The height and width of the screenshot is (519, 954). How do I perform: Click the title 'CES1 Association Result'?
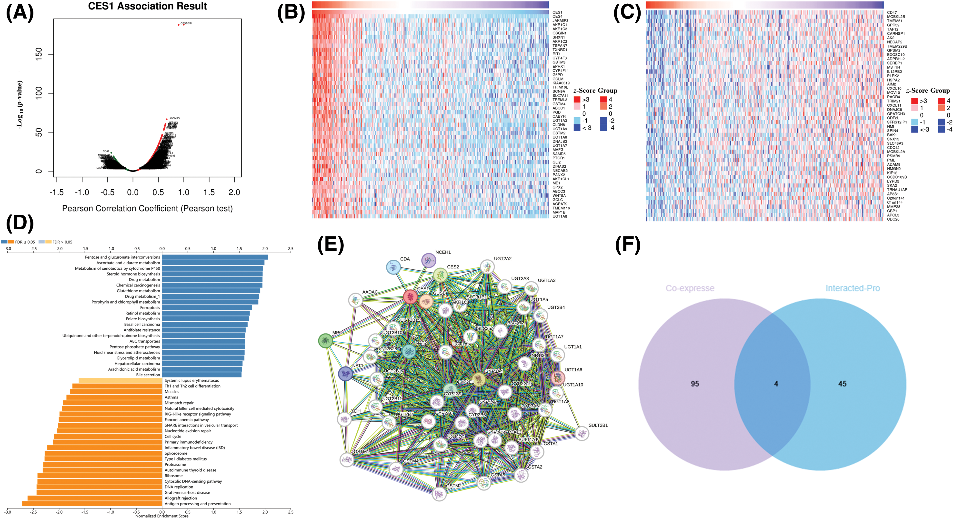tap(147, 6)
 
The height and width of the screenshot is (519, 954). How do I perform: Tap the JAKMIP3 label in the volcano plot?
tap(175, 118)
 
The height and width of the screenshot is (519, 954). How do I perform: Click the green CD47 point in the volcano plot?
tap(111, 153)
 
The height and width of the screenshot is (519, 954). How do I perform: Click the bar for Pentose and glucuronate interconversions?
tap(215, 257)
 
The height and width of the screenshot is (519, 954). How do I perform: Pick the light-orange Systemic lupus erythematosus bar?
tap(120, 380)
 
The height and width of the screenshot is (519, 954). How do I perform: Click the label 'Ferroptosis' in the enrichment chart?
tap(150, 307)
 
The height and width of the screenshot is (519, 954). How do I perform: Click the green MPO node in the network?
tap(326, 340)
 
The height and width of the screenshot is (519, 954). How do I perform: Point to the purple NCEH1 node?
tap(429, 260)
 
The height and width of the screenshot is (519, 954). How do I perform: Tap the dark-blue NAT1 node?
tap(345, 374)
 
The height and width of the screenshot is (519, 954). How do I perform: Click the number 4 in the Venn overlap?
tap(776, 384)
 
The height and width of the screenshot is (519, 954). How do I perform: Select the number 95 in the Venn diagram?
tap(695, 384)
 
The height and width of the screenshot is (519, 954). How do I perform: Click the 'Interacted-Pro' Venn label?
tap(853, 288)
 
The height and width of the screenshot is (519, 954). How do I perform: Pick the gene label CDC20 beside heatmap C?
tap(893, 219)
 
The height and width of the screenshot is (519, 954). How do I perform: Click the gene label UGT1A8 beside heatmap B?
tap(560, 216)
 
